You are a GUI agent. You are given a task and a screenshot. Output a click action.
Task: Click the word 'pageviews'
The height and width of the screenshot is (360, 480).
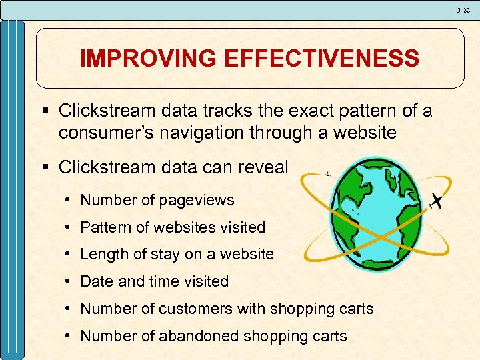[199, 199]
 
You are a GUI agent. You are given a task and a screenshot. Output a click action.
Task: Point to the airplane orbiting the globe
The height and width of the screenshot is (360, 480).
[437, 200]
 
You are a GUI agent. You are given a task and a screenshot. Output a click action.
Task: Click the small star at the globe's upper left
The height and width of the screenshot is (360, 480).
[327, 175]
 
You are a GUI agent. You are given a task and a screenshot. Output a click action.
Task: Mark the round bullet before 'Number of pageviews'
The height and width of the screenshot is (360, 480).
[69, 200]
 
